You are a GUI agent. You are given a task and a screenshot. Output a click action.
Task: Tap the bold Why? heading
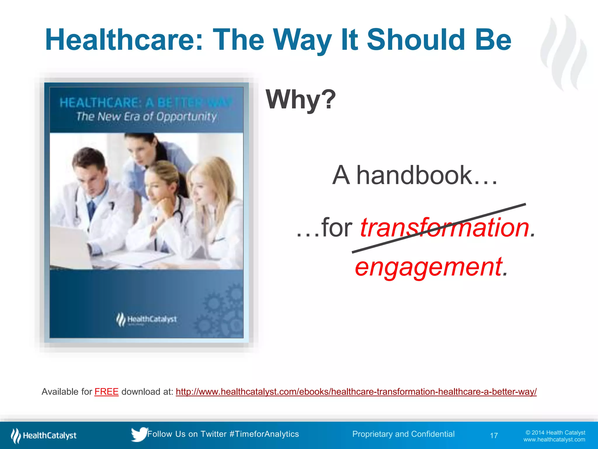(301, 100)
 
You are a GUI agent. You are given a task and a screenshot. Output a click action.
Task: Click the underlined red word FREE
(106, 392)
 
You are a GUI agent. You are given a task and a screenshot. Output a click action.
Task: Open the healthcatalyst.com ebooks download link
(356, 392)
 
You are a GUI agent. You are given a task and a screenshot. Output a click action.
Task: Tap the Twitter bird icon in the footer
(139, 434)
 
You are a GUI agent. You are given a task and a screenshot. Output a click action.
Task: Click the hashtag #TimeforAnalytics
(264, 434)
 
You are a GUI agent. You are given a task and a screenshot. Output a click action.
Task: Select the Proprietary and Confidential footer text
(403, 434)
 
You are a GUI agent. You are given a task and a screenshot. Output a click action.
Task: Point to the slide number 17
(494, 436)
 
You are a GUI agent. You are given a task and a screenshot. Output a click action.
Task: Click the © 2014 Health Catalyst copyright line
(555, 433)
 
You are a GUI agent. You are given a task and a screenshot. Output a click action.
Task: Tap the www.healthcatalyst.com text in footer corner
(554, 440)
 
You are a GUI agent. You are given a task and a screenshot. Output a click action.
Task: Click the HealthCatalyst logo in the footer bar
(44, 436)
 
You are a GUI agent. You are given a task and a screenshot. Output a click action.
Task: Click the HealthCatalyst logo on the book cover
(147, 319)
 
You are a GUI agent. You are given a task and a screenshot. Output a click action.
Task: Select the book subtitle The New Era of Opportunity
(146, 117)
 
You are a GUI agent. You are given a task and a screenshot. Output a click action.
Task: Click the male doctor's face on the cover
(93, 176)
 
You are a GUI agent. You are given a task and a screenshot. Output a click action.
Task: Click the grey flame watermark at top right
(564, 53)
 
